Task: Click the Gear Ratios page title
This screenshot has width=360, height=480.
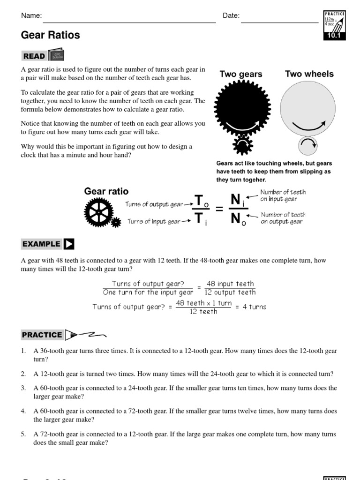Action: click(x=51, y=35)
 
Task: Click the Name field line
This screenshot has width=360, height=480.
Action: click(x=129, y=22)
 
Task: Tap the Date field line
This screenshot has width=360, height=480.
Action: click(x=279, y=22)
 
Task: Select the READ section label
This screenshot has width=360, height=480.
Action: click(x=34, y=56)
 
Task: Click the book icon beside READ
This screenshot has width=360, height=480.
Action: click(x=56, y=55)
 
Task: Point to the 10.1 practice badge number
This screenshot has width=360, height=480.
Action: click(x=334, y=35)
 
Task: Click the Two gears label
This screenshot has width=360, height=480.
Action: click(x=241, y=74)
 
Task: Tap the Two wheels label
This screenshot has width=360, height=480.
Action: click(x=309, y=74)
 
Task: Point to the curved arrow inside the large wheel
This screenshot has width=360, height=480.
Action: click(x=308, y=125)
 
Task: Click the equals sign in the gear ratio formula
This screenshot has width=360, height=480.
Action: click(x=219, y=209)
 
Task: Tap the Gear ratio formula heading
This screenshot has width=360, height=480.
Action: click(x=106, y=191)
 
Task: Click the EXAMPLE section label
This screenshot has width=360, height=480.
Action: click(x=42, y=244)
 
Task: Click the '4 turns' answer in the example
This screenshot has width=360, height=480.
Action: click(x=255, y=307)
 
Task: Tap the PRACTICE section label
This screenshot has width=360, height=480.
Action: click(x=42, y=335)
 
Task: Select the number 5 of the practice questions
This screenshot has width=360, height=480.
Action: click(x=23, y=435)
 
